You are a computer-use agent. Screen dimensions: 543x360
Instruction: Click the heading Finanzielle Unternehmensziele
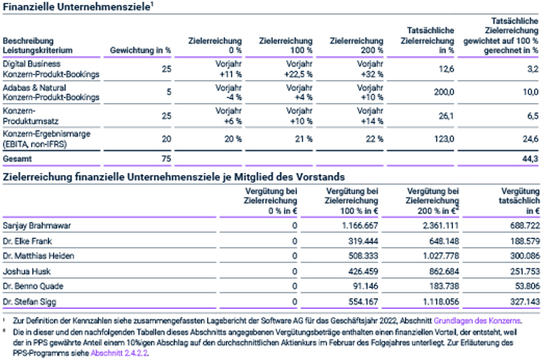[77, 7]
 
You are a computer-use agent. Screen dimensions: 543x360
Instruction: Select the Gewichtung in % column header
[140, 50]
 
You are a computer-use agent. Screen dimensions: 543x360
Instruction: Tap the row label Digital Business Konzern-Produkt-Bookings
[51, 69]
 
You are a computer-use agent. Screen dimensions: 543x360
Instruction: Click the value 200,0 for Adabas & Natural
[444, 92]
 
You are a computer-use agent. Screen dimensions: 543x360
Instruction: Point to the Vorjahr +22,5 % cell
[299, 69]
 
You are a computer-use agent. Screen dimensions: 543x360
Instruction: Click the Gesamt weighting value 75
[166, 159]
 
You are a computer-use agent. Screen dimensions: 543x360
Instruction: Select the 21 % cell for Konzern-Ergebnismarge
[305, 139]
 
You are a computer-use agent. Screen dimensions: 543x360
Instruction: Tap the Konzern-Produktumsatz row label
[31, 116]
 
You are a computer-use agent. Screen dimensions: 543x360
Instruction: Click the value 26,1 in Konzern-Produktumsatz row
[446, 116]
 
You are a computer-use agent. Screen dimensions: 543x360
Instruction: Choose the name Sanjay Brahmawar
[37, 226]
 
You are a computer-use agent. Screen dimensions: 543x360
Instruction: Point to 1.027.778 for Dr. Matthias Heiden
[441, 256]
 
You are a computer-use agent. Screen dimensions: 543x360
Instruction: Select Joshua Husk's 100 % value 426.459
[363, 271]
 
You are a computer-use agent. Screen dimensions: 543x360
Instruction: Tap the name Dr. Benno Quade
[33, 286]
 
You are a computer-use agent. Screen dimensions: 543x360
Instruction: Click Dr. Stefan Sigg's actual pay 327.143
[525, 302]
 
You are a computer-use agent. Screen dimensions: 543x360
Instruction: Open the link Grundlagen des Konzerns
[478, 321]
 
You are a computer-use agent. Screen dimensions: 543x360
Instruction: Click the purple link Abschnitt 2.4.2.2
[119, 353]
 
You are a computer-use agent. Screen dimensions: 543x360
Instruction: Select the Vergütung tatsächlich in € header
[519, 201]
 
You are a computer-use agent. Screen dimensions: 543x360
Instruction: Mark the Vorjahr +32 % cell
[370, 69]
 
